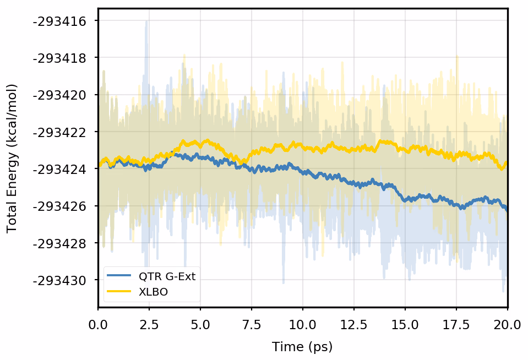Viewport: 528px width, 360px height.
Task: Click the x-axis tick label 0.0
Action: [x=98, y=325]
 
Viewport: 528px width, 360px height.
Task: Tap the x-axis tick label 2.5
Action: [x=149, y=325]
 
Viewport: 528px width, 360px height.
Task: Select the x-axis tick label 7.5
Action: [x=252, y=325]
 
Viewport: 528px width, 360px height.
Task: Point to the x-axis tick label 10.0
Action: [x=303, y=325]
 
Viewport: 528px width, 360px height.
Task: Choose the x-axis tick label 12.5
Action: [x=354, y=325]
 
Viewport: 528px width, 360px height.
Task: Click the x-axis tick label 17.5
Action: [x=456, y=325]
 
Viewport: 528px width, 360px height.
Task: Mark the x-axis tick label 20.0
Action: [x=507, y=325]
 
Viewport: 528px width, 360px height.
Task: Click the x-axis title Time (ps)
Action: [x=302, y=347]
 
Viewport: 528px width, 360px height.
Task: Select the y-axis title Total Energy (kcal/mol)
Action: [x=12, y=159]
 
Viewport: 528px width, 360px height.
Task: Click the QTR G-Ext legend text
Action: [x=166, y=277]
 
